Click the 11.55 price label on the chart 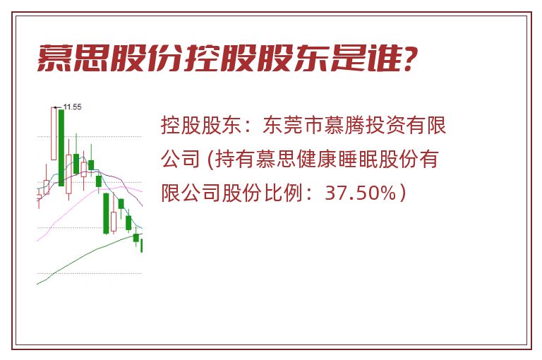coord(73,107)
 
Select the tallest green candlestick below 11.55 coord(61,148)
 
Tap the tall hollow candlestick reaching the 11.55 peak coord(54,133)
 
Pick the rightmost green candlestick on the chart coord(141,245)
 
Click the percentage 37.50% coord(360,193)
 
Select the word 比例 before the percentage coord(284,193)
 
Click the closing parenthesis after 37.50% coord(402,193)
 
